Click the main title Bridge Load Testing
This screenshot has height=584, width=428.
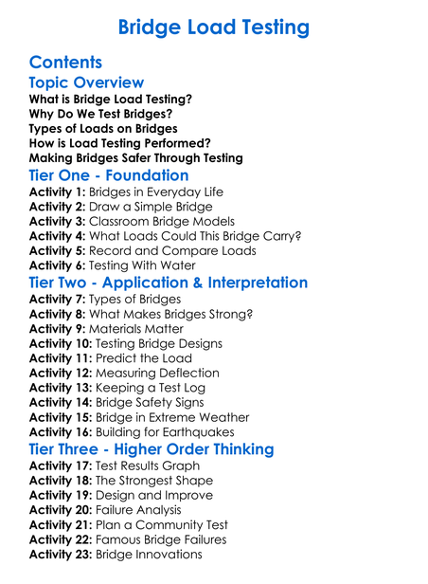pyautogui.click(x=213, y=27)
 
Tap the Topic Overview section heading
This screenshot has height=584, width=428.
pyautogui.click(x=86, y=83)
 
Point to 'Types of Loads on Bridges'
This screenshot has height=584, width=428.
pyautogui.click(x=103, y=128)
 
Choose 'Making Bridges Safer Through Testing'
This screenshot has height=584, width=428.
pyautogui.click(x=136, y=157)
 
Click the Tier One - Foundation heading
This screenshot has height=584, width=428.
pyautogui.click(x=109, y=175)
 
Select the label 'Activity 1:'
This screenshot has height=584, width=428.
pyautogui.click(x=58, y=192)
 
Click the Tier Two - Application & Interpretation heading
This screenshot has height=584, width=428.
pyautogui.click(x=169, y=283)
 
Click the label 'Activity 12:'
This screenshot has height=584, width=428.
pyautogui.click(x=62, y=373)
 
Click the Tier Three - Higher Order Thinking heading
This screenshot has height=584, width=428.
pyautogui.click(x=166, y=449)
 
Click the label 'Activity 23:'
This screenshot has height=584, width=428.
pyautogui.click(x=62, y=554)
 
